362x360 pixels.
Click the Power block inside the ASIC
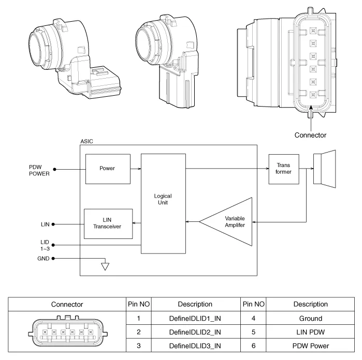click(x=108, y=169)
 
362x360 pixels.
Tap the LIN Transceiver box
click(x=108, y=223)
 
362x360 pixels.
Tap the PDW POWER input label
click(x=39, y=170)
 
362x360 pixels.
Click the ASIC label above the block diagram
click(x=87, y=141)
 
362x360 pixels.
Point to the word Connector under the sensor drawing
click(x=310, y=135)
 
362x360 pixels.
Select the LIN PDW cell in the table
click(x=310, y=332)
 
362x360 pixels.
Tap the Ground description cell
click(x=310, y=319)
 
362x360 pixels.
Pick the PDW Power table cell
click(x=310, y=346)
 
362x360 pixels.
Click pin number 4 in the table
click(x=253, y=319)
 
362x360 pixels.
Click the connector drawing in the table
click(x=67, y=332)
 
